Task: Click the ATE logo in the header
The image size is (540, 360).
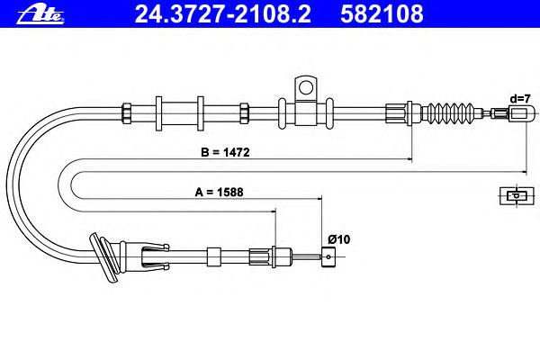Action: point(40,14)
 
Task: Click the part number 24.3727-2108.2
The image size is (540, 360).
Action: point(223,13)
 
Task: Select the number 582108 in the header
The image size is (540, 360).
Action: point(382,13)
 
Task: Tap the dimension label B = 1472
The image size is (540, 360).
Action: point(225,152)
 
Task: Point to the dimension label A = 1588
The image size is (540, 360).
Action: point(219,192)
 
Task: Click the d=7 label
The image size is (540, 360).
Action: point(520,99)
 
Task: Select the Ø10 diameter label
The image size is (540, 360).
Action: point(339,239)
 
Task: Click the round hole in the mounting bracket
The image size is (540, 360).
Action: point(305,87)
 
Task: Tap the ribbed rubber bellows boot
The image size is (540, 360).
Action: point(446,112)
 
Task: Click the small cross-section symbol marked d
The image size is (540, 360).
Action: point(517,195)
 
